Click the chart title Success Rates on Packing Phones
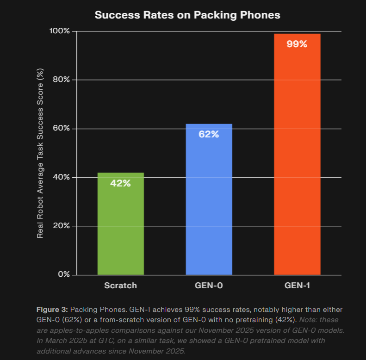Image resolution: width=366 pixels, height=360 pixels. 187,15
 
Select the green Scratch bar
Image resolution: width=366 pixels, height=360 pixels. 121,231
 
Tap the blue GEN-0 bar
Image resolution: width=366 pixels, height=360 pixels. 209,208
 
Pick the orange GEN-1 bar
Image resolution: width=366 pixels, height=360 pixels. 297,162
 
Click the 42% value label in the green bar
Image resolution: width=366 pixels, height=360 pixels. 120,183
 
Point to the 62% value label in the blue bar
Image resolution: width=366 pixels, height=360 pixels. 209,135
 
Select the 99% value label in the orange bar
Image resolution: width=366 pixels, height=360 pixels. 297,44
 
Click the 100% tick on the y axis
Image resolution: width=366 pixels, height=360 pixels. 59,31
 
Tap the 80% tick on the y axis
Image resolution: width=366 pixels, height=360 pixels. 61,80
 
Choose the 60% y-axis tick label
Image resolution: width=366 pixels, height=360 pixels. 61,128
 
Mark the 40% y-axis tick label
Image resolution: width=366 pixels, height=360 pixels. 61,177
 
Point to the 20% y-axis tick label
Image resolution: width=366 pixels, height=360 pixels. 61,226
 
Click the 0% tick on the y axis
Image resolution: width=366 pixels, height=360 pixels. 63,274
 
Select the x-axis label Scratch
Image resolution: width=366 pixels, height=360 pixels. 120,286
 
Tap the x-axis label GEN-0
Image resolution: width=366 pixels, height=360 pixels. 209,286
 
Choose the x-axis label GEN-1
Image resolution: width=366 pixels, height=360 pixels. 297,286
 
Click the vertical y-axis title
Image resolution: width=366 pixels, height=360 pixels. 41,153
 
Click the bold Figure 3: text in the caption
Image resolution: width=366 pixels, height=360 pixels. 52,309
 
